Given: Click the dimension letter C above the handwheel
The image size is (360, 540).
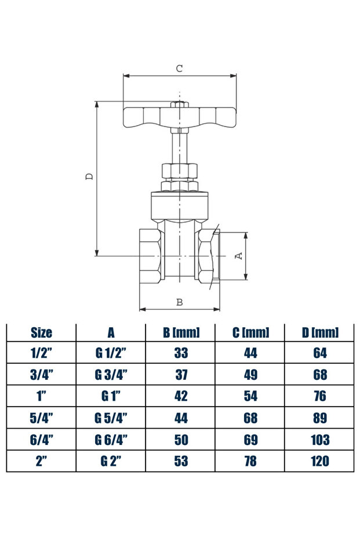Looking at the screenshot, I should click(x=180, y=68).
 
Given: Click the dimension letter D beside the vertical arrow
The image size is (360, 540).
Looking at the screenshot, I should click(x=89, y=176).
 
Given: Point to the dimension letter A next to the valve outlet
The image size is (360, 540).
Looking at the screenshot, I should click(x=238, y=256).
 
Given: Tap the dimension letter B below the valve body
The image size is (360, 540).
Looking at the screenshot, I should click(x=180, y=302).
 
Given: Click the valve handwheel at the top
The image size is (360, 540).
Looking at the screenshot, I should click(x=180, y=116).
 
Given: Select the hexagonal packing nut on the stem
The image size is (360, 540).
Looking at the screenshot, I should click(x=180, y=171).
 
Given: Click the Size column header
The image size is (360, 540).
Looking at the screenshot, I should click(x=41, y=332).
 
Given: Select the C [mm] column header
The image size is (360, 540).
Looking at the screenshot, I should click(x=250, y=332).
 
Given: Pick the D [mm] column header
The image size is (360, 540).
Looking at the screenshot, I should click(x=319, y=332).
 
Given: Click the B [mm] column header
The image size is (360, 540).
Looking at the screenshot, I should click(x=181, y=332).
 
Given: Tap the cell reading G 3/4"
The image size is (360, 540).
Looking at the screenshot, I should click(x=111, y=375).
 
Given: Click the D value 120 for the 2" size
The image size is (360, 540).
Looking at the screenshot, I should click(x=319, y=462).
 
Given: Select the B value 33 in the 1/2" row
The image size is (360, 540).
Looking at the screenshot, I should click(x=181, y=353).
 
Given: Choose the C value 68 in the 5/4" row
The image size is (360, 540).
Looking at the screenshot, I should click(x=250, y=418).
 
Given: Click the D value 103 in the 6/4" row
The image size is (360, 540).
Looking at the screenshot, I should click(x=319, y=440).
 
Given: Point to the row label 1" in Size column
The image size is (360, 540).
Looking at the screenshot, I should click(x=41, y=396).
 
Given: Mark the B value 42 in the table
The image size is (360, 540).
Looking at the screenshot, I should click(x=181, y=396).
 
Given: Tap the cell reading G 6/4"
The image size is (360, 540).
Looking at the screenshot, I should click(x=111, y=440).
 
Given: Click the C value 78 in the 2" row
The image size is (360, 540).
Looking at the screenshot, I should click(x=250, y=462).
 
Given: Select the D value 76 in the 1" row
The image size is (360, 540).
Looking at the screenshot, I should click(x=319, y=396).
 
